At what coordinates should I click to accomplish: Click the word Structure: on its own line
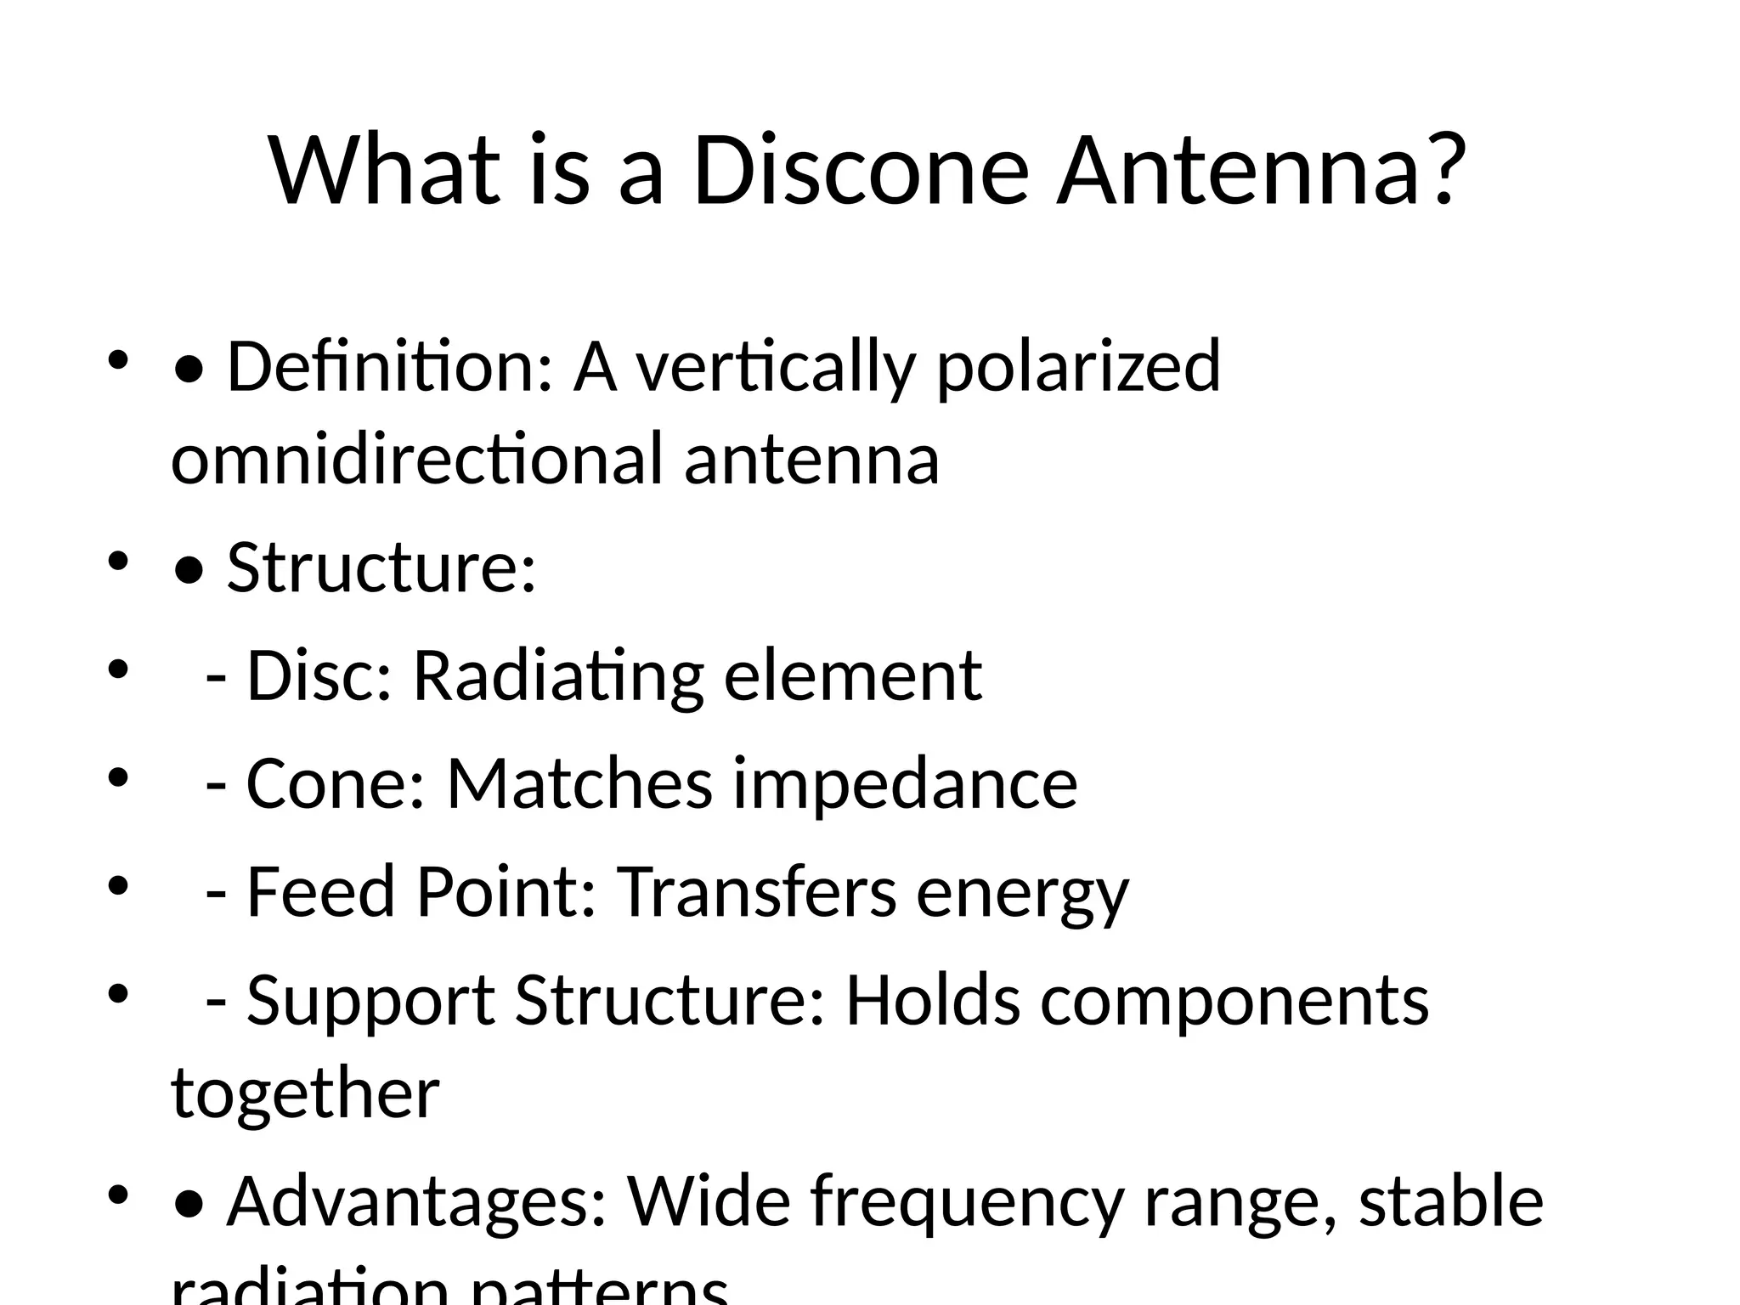[381, 568]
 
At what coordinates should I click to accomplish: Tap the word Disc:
[319, 675]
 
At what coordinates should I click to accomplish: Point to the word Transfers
[755, 892]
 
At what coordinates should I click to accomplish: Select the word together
[305, 1094]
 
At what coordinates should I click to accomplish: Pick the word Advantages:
[416, 1202]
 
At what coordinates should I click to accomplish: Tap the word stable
[1450, 1200]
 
